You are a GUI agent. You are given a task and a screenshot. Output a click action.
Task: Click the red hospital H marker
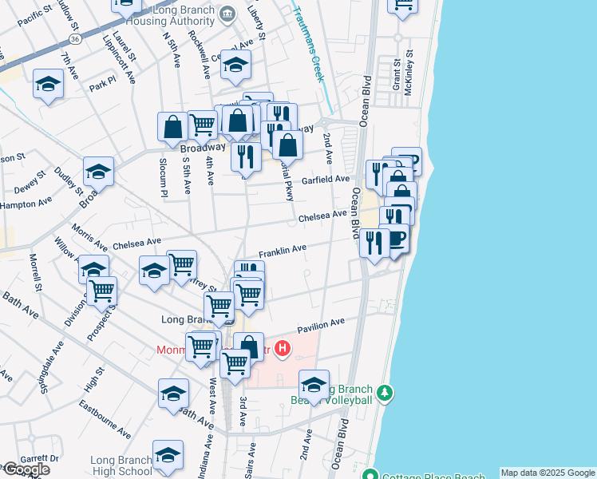coord(282,348)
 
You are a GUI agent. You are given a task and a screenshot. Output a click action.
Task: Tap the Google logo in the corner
coord(26,469)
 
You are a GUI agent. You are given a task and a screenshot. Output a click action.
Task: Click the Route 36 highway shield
coord(74,38)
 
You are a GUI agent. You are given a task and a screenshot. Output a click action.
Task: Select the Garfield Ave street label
coord(326,180)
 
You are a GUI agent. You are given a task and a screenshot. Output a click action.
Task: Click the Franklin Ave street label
coord(282,250)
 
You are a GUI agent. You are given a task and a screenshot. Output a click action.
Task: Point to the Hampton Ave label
coord(26,204)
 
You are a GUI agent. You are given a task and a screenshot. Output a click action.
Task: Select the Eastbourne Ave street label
coord(105,419)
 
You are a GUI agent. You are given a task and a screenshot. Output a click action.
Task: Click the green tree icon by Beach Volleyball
coord(385,393)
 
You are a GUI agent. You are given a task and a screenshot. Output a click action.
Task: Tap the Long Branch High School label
coord(121,465)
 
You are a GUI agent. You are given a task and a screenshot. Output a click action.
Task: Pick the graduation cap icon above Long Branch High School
coord(168,455)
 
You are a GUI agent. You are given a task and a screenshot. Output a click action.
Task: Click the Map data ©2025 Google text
coord(548,473)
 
